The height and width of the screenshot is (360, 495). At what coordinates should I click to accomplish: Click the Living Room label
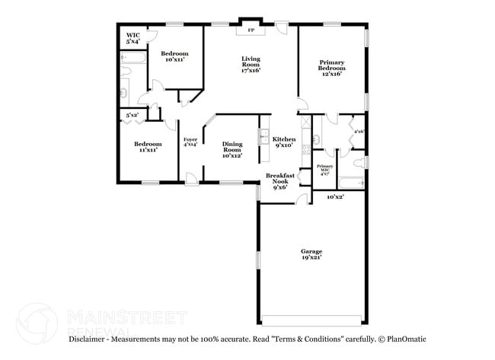(251, 65)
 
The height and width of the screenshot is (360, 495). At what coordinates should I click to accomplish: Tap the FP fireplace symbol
(251, 31)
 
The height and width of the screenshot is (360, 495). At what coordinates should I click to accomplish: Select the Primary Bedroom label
(331, 68)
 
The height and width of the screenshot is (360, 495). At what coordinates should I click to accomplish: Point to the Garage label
(311, 254)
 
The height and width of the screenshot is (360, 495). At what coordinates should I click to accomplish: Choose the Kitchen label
(284, 142)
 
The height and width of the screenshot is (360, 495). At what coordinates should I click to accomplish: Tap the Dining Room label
(232, 148)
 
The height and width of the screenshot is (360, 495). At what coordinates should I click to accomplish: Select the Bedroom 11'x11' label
(148, 147)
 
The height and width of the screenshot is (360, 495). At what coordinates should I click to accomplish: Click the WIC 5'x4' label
(133, 39)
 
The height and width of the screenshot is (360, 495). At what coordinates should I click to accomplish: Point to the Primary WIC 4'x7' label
(324, 170)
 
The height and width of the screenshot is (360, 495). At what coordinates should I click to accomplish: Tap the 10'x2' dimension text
(335, 197)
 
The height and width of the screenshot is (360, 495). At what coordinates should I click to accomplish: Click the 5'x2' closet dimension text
(132, 115)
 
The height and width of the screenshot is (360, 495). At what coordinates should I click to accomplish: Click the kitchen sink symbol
(263, 137)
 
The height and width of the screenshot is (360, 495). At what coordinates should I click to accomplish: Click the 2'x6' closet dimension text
(359, 132)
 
